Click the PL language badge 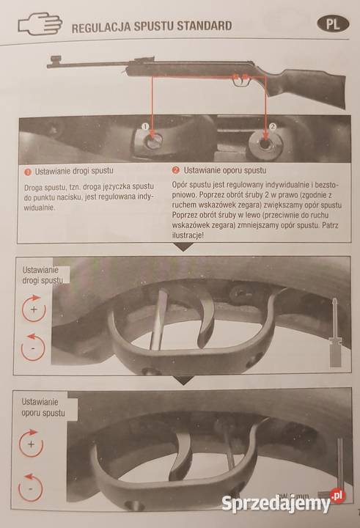click(333, 24)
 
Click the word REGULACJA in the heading click(101, 27)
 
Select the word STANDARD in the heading click(204, 26)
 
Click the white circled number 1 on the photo click(145, 126)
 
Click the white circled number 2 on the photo click(273, 126)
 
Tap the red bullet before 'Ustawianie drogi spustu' click(28, 172)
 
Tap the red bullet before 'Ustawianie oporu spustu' click(175, 170)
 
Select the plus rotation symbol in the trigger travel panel click(34, 308)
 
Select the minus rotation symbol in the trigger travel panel click(33, 347)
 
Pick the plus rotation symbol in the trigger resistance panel click(31, 444)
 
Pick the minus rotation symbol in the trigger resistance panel click(30, 487)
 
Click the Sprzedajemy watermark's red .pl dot click(337, 496)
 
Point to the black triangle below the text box click(184, 248)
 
